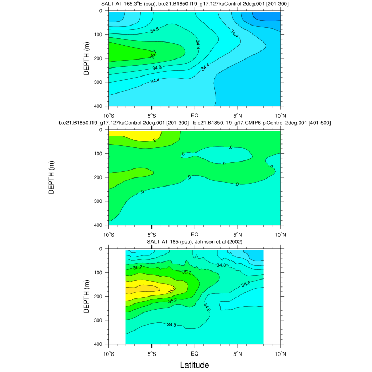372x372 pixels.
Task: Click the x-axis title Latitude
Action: point(194,365)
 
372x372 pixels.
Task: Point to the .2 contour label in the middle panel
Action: point(154,140)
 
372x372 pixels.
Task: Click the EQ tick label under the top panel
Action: point(195,115)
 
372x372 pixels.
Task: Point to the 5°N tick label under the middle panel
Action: point(238,234)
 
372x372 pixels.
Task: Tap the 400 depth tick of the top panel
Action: point(99,106)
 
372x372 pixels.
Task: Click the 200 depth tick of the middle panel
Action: point(99,177)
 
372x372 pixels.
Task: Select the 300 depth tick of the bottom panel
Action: point(99,320)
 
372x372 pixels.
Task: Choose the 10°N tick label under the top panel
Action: point(281,115)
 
